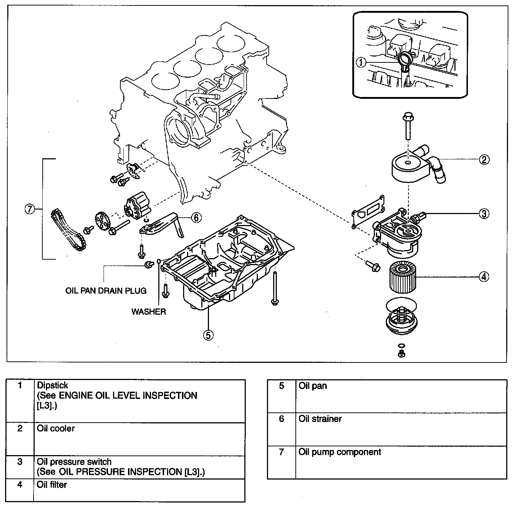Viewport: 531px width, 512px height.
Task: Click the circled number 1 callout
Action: (x=361, y=63)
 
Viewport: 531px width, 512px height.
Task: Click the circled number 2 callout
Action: (x=484, y=159)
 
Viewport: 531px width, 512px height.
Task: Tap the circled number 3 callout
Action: (x=484, y=214)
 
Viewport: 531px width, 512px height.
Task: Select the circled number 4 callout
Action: (x=484, y=277)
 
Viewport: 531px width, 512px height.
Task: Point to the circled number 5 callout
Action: (x=208, y=335)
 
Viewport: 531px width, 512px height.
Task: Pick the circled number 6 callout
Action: (x=196, y=218)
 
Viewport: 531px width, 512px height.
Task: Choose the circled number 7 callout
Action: (x=30, y=209)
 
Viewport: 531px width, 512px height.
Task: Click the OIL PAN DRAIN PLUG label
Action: (x=106, y=291)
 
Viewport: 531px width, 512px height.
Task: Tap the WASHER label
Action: (x=148, y=312)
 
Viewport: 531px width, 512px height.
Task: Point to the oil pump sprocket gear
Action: (x=102, y=221)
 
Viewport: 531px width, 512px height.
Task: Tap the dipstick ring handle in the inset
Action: (x=405, y=58)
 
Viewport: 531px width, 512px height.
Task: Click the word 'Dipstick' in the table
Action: (x=53, y=385)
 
